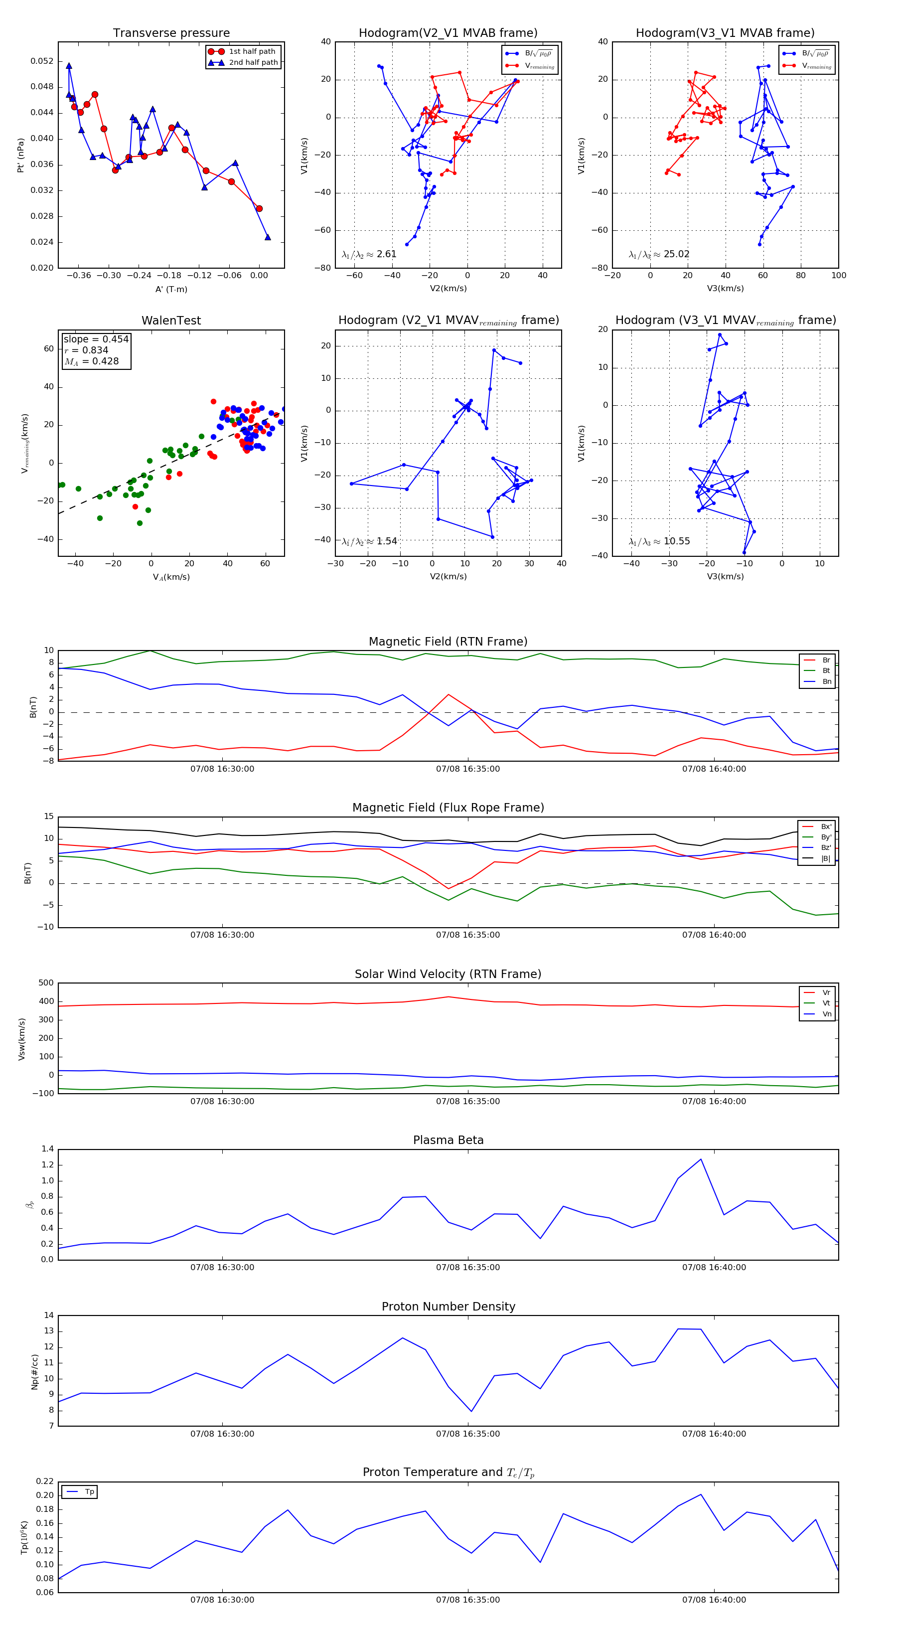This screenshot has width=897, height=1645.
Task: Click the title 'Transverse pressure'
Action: click(171, 33)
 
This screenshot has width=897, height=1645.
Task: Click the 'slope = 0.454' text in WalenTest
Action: click(96, 339)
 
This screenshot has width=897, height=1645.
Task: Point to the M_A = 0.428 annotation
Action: click(91, 361)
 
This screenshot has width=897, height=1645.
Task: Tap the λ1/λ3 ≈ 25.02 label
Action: click(659, 254)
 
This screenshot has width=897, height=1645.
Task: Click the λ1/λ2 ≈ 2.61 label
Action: click(369, 254)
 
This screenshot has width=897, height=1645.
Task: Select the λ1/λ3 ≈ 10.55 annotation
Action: click(659, 541)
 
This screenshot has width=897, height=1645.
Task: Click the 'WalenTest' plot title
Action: click(171, 321)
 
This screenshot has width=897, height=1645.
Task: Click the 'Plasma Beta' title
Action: click(448, 1140)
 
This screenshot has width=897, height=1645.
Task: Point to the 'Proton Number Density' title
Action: click(448, 1307)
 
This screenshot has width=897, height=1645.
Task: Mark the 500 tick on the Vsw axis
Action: click(46, 983)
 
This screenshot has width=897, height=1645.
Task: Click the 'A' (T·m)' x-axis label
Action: click(171, 289)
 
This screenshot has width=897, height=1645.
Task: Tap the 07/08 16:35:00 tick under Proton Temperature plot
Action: click(468, 1600)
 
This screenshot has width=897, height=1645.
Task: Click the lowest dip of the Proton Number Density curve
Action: click(471, 1411)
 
